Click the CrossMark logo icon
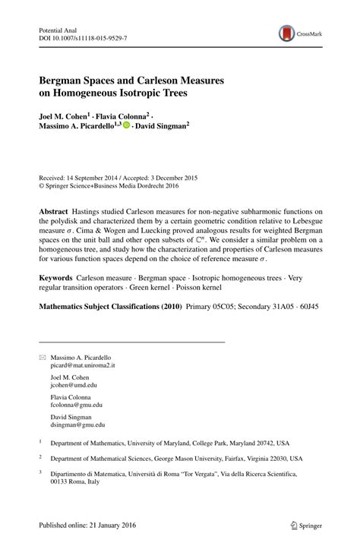pyautogui.click(x=286, y=33)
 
